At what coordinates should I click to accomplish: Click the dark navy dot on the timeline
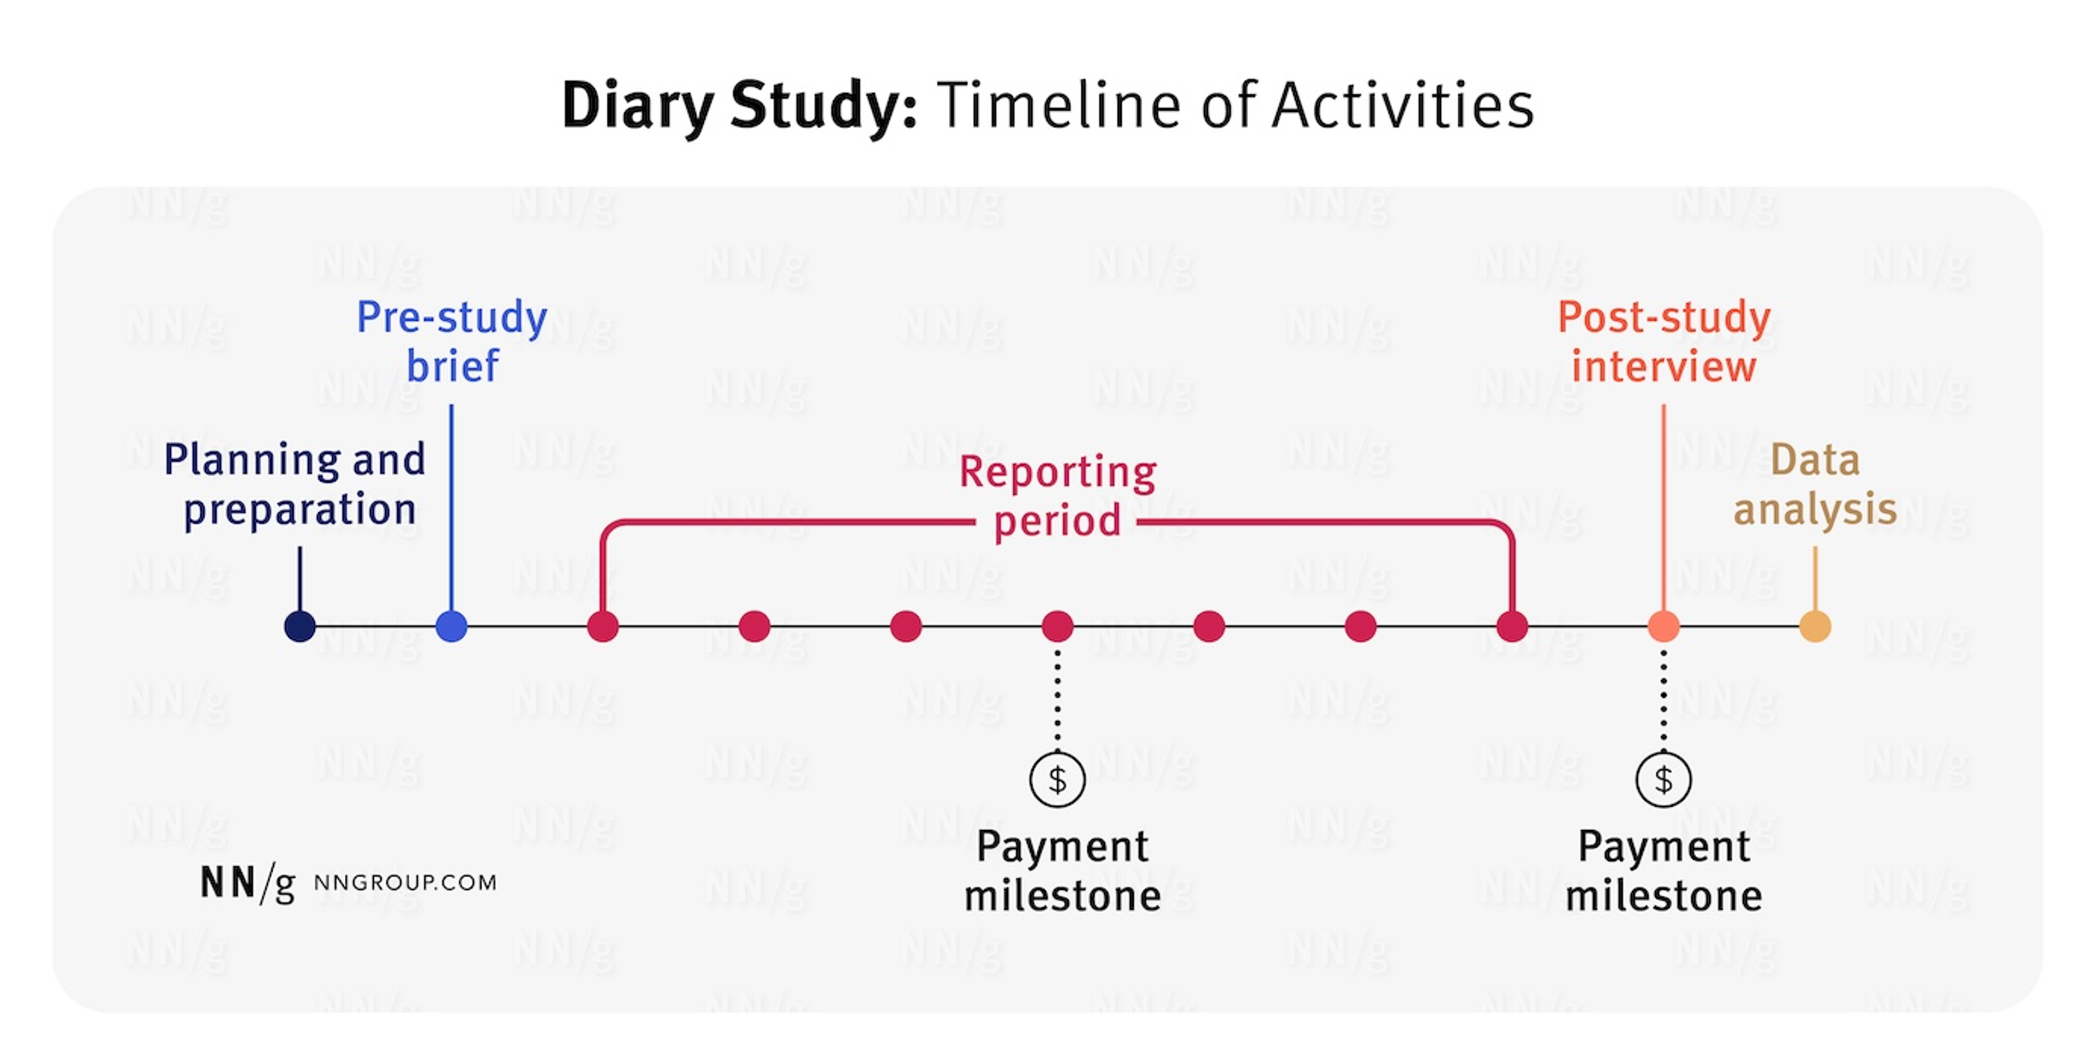[300, 626]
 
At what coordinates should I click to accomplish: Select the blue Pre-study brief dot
[451, 626]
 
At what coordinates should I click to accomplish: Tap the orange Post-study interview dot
[1663, 626]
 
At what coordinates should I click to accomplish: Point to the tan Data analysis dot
[1815, 626]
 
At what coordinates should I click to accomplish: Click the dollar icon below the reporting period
[1057, 780]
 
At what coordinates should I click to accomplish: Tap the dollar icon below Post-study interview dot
[1663, 780]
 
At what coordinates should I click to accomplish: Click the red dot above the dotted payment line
[1057, 626]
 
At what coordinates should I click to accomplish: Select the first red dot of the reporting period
[603, 626]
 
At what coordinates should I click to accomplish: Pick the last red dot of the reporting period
[1512, 626]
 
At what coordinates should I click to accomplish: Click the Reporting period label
[1057, 496]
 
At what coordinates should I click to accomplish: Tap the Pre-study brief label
[452, 341]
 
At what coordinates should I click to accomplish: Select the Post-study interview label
[1664, 341]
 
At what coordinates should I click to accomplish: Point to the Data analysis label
[1815, 484]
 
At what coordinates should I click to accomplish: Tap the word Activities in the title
[1402, 106]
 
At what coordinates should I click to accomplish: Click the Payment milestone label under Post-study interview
[1664, 871]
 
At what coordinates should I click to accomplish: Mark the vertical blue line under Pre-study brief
[451, 504]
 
